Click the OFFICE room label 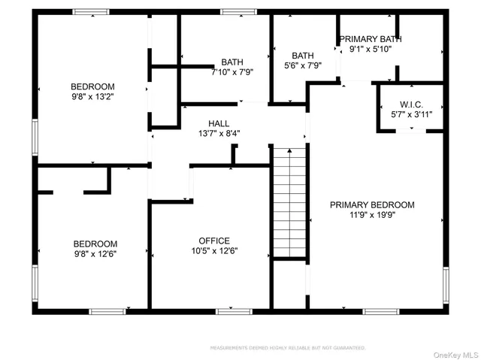pyautogui.click(x=214, y=241)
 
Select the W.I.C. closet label pyautogui.click(x=412, y=104)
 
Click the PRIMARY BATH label pyautogui.click(x=371, y=39)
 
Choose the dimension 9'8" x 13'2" pyautogui.click(x=92, y=96)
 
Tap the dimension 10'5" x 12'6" pyautogui.click(x=214, y=251)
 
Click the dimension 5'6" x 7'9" pyautogui.click(x=303, y=65)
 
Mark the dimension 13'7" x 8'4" pyautogui.click(x=219, y=134)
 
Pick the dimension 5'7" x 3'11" pyautogui.click(x=412, y=114)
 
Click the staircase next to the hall pyautogui.click(x=289, y=203)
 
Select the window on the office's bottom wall pyautogui.click(x=228, y=310)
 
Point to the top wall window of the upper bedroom pyautogui.click(x=91, y=12)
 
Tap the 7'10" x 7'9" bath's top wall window pyautogui.click(x=238, y=12)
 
